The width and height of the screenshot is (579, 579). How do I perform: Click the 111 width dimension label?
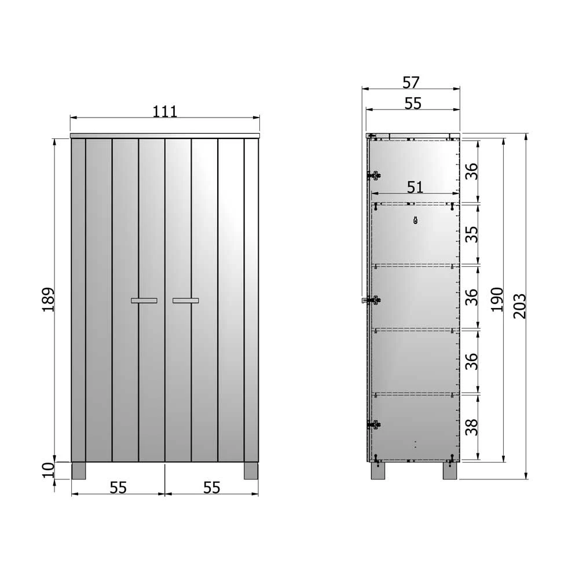point(165,111)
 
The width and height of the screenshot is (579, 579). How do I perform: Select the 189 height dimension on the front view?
point(48,299)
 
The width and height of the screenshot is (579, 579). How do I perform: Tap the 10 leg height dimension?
point(48,470)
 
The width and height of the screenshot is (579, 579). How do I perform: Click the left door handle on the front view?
point(144,301)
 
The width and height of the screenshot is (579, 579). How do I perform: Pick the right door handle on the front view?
point(185,301)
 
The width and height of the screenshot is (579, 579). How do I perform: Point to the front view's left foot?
point(78,470)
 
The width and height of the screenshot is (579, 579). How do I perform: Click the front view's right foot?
point(251,470)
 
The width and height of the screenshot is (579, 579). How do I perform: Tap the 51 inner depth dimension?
point(415,187)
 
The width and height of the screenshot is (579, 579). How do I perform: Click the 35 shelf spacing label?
point(472,234)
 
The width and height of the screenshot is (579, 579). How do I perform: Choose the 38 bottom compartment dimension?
point(472,427)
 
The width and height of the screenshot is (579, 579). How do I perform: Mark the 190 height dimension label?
point(497,299)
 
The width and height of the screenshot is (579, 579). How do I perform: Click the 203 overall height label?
point(519,305)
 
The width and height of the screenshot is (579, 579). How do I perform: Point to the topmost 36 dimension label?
point(472,171)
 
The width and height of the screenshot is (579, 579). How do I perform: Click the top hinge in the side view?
point(374,174)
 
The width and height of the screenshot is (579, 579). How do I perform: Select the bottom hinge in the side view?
point(374,424)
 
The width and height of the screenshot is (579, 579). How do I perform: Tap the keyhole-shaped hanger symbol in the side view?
point(415,219)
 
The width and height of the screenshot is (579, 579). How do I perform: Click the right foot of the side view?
point(450,470)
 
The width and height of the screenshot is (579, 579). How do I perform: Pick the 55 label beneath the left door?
point(118,488)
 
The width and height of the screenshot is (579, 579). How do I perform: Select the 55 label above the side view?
point(413,103)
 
